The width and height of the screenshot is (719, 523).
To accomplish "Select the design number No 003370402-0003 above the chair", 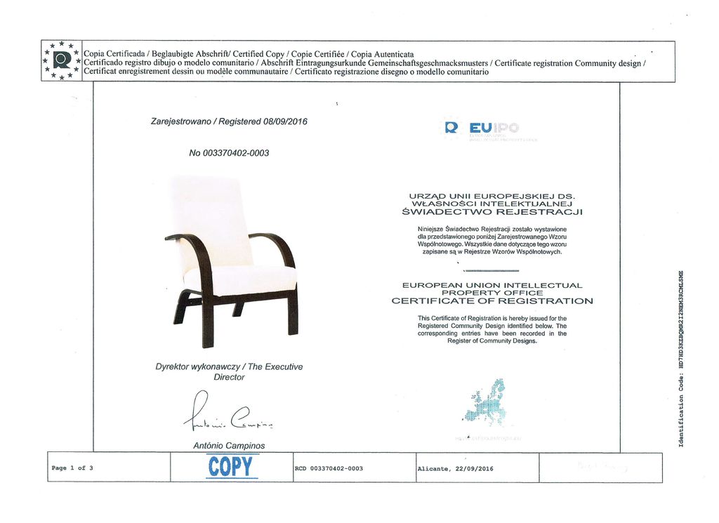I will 229,152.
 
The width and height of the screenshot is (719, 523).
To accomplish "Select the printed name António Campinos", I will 229,445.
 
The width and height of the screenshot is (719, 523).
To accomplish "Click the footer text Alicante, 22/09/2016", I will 455,468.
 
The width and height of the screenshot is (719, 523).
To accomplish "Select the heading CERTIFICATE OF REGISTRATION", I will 492,301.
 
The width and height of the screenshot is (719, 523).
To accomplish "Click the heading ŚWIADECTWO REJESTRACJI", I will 492,211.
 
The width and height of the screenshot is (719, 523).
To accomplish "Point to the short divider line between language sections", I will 492,270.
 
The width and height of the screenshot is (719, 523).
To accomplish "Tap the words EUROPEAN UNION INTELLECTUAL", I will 492,285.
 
